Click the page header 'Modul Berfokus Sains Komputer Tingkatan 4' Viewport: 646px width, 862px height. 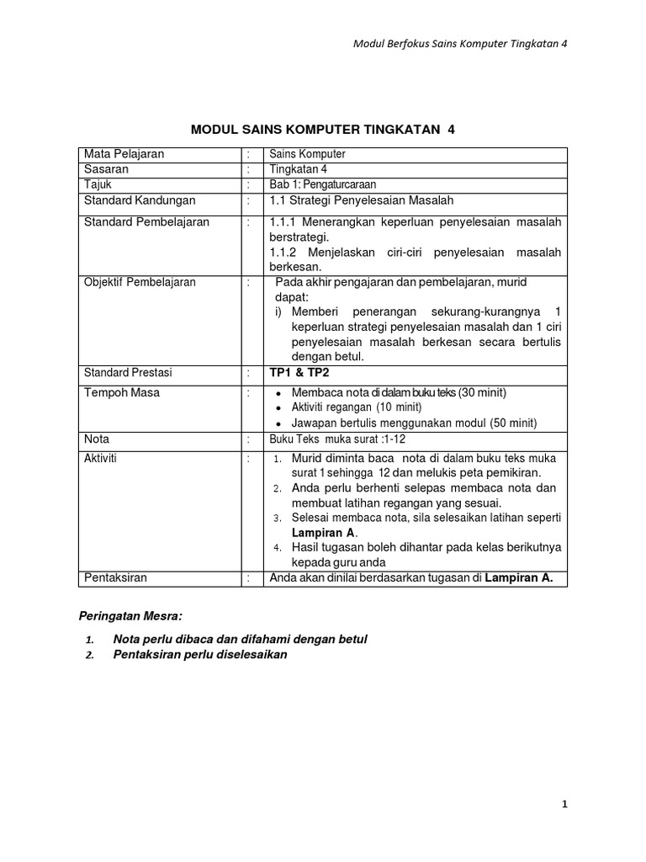[459, 44]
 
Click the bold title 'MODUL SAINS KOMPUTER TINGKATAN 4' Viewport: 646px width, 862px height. [323, 129]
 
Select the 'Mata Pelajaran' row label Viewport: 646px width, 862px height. [124, 154]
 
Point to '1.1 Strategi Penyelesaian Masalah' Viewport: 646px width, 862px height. [361, 200]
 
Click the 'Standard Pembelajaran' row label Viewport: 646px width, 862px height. [146, 222]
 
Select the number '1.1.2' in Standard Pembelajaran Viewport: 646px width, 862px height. [285, 253]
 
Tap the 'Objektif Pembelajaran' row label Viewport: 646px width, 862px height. [140, 282]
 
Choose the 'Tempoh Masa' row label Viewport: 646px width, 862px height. [121, 392]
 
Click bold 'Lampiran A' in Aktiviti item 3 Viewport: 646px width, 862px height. [323, 532]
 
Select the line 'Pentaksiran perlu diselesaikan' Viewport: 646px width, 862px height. [200, 655]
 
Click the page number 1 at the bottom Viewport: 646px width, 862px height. [565, 804]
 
